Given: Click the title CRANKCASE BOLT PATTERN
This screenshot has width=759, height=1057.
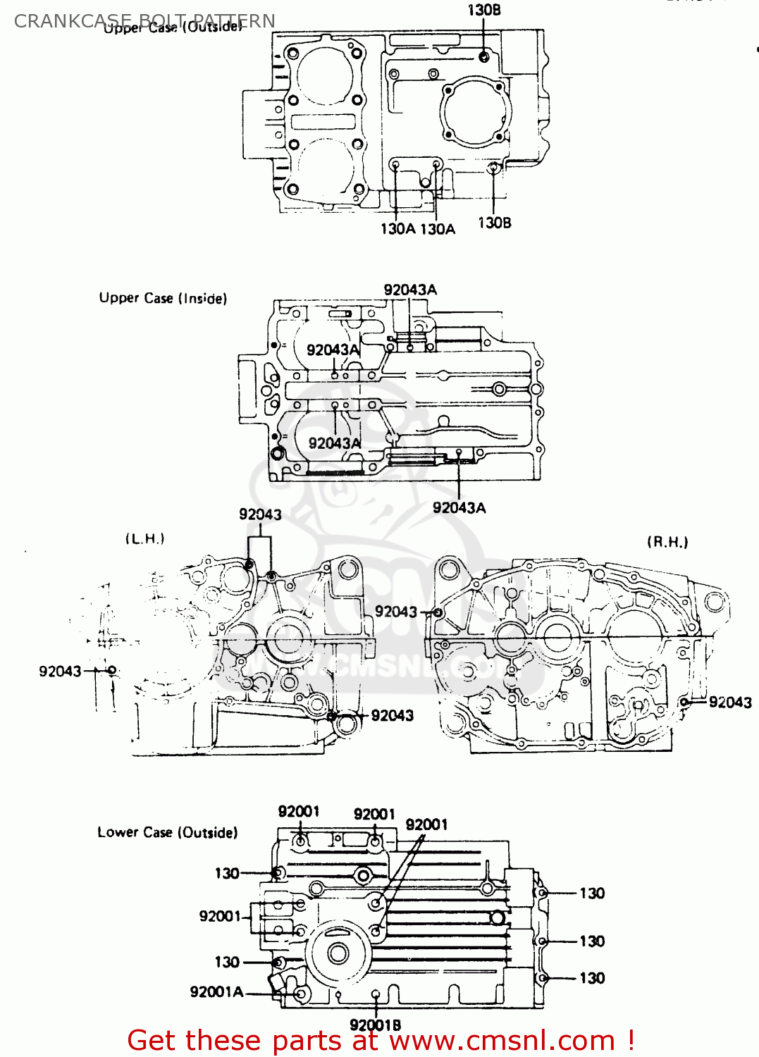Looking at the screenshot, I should point(144,20).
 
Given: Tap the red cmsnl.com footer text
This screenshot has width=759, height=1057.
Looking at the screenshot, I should point(381,1040).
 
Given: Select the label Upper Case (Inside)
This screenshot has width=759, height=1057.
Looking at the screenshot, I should point(163,298).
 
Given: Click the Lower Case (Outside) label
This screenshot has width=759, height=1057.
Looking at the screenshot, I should point(167,832).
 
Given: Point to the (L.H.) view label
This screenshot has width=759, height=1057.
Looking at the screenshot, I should point(144,539).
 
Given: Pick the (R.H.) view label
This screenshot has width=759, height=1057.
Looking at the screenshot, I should point(667,542).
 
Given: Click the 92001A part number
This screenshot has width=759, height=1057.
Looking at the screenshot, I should point(216,992).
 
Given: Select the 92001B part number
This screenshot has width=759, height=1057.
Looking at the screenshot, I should point(375,1025).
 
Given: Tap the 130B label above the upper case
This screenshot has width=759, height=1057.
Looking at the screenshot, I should point(484,10).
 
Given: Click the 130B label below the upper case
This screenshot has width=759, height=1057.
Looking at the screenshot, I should point(495,223).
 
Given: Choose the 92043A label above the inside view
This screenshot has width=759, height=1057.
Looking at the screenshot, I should point(410,290).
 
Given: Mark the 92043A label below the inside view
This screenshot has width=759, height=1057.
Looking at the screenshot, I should point(459,507).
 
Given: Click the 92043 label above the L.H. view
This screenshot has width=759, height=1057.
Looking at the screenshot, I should point(260,514).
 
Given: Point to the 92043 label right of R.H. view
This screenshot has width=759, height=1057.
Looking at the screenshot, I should point(730,702).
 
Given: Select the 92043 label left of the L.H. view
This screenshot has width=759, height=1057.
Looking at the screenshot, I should point(60,672).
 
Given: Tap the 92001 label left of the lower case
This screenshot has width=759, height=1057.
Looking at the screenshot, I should point(220,916).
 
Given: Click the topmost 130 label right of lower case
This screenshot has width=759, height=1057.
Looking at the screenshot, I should point(592,894).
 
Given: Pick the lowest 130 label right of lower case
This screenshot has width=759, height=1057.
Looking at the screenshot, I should point(592,978).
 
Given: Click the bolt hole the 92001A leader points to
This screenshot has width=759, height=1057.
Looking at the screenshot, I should point(302,994).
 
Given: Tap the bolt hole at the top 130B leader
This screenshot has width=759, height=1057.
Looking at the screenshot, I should point(483,56).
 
